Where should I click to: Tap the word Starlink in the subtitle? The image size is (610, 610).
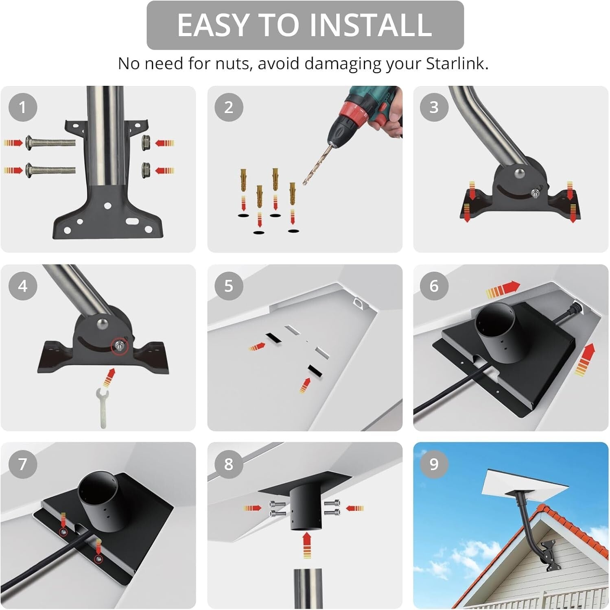[x=457, y=64]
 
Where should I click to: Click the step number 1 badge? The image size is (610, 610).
[x=23, y=107]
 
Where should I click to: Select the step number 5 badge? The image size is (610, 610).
[x=229, y=286]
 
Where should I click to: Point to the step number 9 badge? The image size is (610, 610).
[x=434, y=464]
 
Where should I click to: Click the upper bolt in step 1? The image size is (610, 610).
[x=50, y=143]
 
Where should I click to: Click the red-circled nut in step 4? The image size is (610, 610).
[x=120, y=346]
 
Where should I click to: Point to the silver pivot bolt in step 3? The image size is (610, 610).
[x=519, y=174]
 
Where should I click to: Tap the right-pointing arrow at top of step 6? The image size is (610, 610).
[x=503, y=289]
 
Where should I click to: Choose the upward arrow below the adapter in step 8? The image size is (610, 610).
[x=307, y=545]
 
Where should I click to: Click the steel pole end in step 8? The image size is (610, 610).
[x=308, y=588]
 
